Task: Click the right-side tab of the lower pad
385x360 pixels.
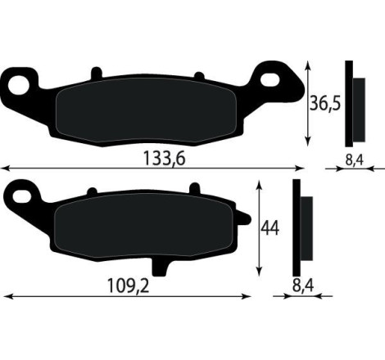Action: [244, 218]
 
